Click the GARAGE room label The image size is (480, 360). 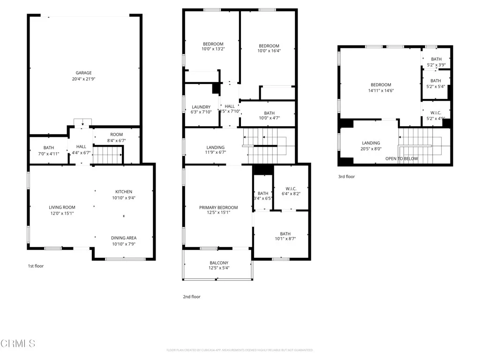point(84,73)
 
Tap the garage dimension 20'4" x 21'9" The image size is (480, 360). point(84,79)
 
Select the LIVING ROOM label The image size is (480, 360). point(62,207)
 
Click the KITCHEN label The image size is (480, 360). point(124,191)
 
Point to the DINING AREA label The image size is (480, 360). point(124,238)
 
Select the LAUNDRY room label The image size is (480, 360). point(202,107)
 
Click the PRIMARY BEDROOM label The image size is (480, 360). point(218,207)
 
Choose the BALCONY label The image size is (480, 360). point(218,262)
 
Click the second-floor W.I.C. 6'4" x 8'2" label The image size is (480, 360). point(291,188)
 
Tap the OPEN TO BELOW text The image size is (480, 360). point(401,159)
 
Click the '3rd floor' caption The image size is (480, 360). point(346,177)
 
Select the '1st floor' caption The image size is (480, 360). point(36,266)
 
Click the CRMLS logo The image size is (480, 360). point(18,344)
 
